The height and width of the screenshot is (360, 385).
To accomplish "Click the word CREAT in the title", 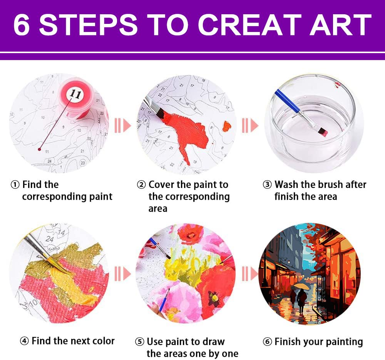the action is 250,25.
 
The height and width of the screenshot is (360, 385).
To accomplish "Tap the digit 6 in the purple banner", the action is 22,25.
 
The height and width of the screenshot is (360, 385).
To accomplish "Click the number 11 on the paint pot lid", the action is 75,94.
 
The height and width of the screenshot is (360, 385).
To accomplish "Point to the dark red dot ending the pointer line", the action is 39,149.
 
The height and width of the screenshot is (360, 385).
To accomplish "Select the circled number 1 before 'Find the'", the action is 15,185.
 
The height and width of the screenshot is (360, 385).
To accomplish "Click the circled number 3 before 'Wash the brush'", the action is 267,184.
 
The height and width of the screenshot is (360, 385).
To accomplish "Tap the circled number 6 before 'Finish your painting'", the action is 267,342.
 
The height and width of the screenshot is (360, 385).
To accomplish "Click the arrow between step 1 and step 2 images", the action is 123,126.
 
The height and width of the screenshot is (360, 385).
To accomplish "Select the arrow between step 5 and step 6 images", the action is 250,273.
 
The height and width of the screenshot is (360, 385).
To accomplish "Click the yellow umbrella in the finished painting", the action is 300,286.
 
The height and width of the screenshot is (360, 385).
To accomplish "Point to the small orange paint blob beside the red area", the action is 226,126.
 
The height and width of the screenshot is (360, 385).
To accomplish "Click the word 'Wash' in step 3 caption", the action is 286,184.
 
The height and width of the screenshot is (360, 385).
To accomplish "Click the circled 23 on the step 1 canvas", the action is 83,163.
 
